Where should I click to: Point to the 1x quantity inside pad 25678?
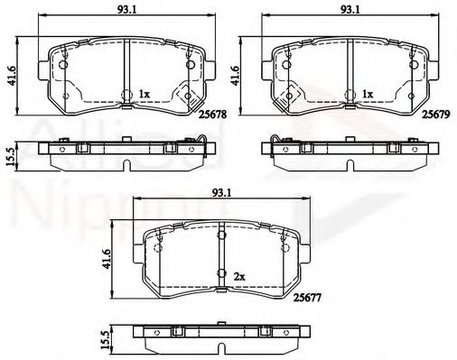coord(145,93)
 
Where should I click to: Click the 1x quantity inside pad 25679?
coord(368,93)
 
